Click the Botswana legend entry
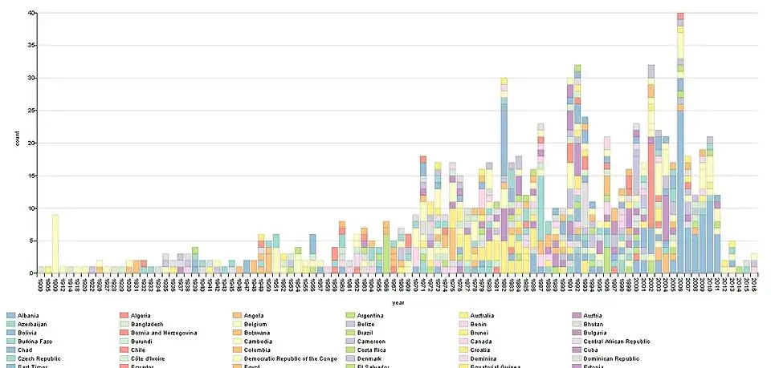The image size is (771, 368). click(x=259, y=332)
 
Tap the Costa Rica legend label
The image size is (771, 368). click(x=375, y=350)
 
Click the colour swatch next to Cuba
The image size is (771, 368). click(x=576, y=350)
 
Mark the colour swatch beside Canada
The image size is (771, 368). click(x=463, y=341)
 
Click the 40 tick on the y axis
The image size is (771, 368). click(x=30, y=13)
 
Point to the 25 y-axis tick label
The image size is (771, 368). click(x=30, y=111)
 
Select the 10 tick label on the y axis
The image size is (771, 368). click(x=30, y=208)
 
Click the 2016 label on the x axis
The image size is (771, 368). click(x=753, y=283)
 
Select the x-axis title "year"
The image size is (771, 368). click(x=398, y=302)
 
